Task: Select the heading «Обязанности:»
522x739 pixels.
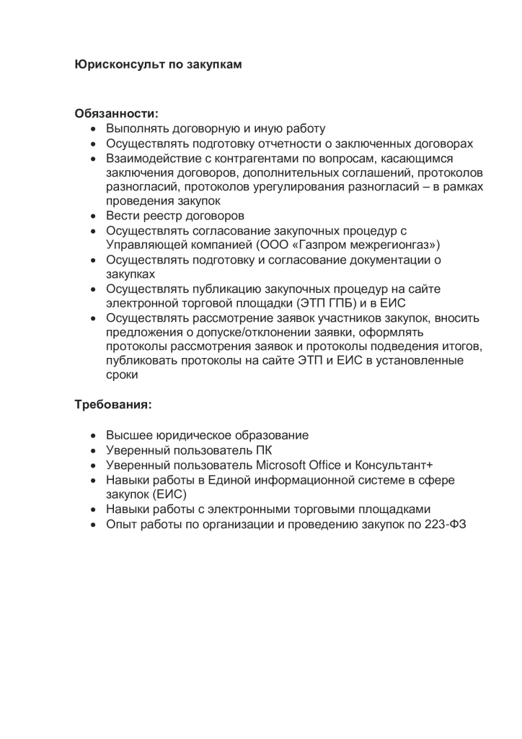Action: point(116,113)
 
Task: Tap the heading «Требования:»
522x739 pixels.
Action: point(113,405)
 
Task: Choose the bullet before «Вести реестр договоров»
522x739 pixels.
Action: point(94,216)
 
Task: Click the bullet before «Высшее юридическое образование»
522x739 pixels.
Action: point(94,435)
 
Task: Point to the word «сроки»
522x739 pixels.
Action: point(122,375)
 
